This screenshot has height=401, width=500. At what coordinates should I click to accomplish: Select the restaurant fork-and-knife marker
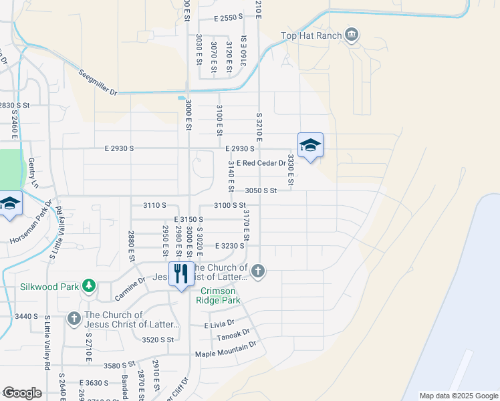pyautogui.click(x=180, y=273)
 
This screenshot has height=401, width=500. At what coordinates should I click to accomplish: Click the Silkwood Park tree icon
pyautogui.click(x=88, y=286)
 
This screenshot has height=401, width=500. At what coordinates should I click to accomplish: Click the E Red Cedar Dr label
pyautogui.click(x=261, y=163)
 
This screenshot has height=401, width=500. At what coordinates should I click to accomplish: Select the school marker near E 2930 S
pyautogui.click(x=310, y=145)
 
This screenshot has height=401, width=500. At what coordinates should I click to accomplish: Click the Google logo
pyautogui.click(x=21, y=393)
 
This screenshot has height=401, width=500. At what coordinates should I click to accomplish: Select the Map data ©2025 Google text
pyautogui.click(x=458, y=396)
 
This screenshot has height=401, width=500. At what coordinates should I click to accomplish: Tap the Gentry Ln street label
pyautogui.click(x=32, y=173)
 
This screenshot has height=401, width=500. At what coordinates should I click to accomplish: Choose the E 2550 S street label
pyautogui.click(x=229, y=19)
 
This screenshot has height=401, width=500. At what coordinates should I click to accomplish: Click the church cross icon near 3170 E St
pyautogui.click(x=258, y=271)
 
